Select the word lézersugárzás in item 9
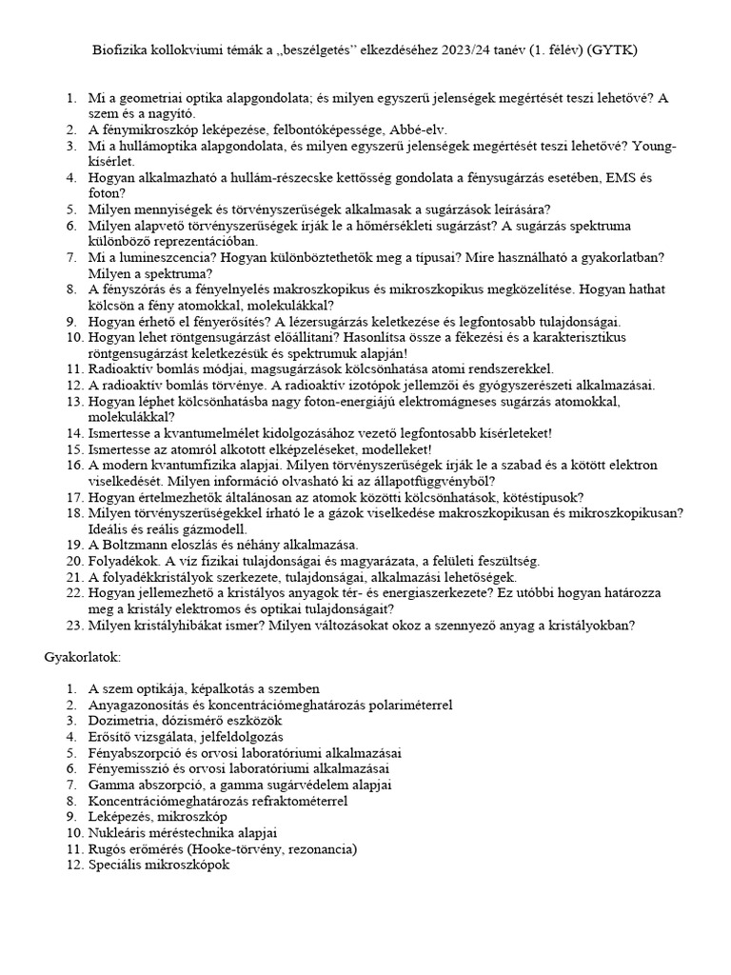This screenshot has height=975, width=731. click(x=334, y=322)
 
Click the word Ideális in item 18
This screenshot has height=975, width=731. click(x=112, y=529)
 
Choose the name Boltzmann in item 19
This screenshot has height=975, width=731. click(x=136, y=546)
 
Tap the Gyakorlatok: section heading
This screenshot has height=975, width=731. click(x=83, y=658)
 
